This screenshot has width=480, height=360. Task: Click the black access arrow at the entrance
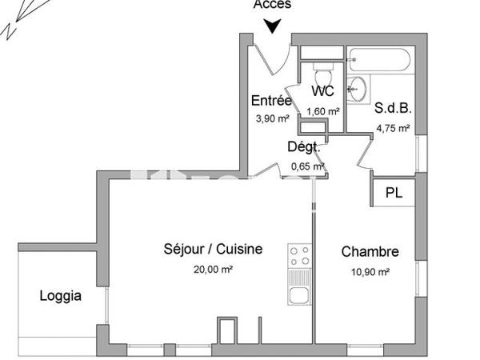click(x=273, y=26)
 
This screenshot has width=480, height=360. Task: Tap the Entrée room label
click(x=270, y=101)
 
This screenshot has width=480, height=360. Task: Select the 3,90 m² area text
click(x=271, y=118)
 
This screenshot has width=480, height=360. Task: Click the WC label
click(x=322, y=92)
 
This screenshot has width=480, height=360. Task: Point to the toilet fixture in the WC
click(x=323, y=68)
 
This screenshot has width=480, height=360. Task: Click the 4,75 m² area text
click(x=394, y=127)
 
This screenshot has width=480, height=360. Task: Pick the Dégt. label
click(x=304, y=146)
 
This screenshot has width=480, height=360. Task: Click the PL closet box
click(x=393, y=193)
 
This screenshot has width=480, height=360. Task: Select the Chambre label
click(x=370, y=252)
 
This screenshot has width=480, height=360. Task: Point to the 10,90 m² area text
click(x=370, y=272)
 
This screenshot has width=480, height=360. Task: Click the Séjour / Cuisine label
click(x=213, y=250)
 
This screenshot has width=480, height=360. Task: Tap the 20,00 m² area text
click(x=213, y=270)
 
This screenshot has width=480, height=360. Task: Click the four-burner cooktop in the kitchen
click(x=299, y=256)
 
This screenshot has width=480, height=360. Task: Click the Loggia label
click(x=61, y=296)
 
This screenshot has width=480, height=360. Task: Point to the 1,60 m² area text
click(x=323, y=111)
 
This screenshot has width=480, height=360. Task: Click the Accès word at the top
click(x=273, y=5)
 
